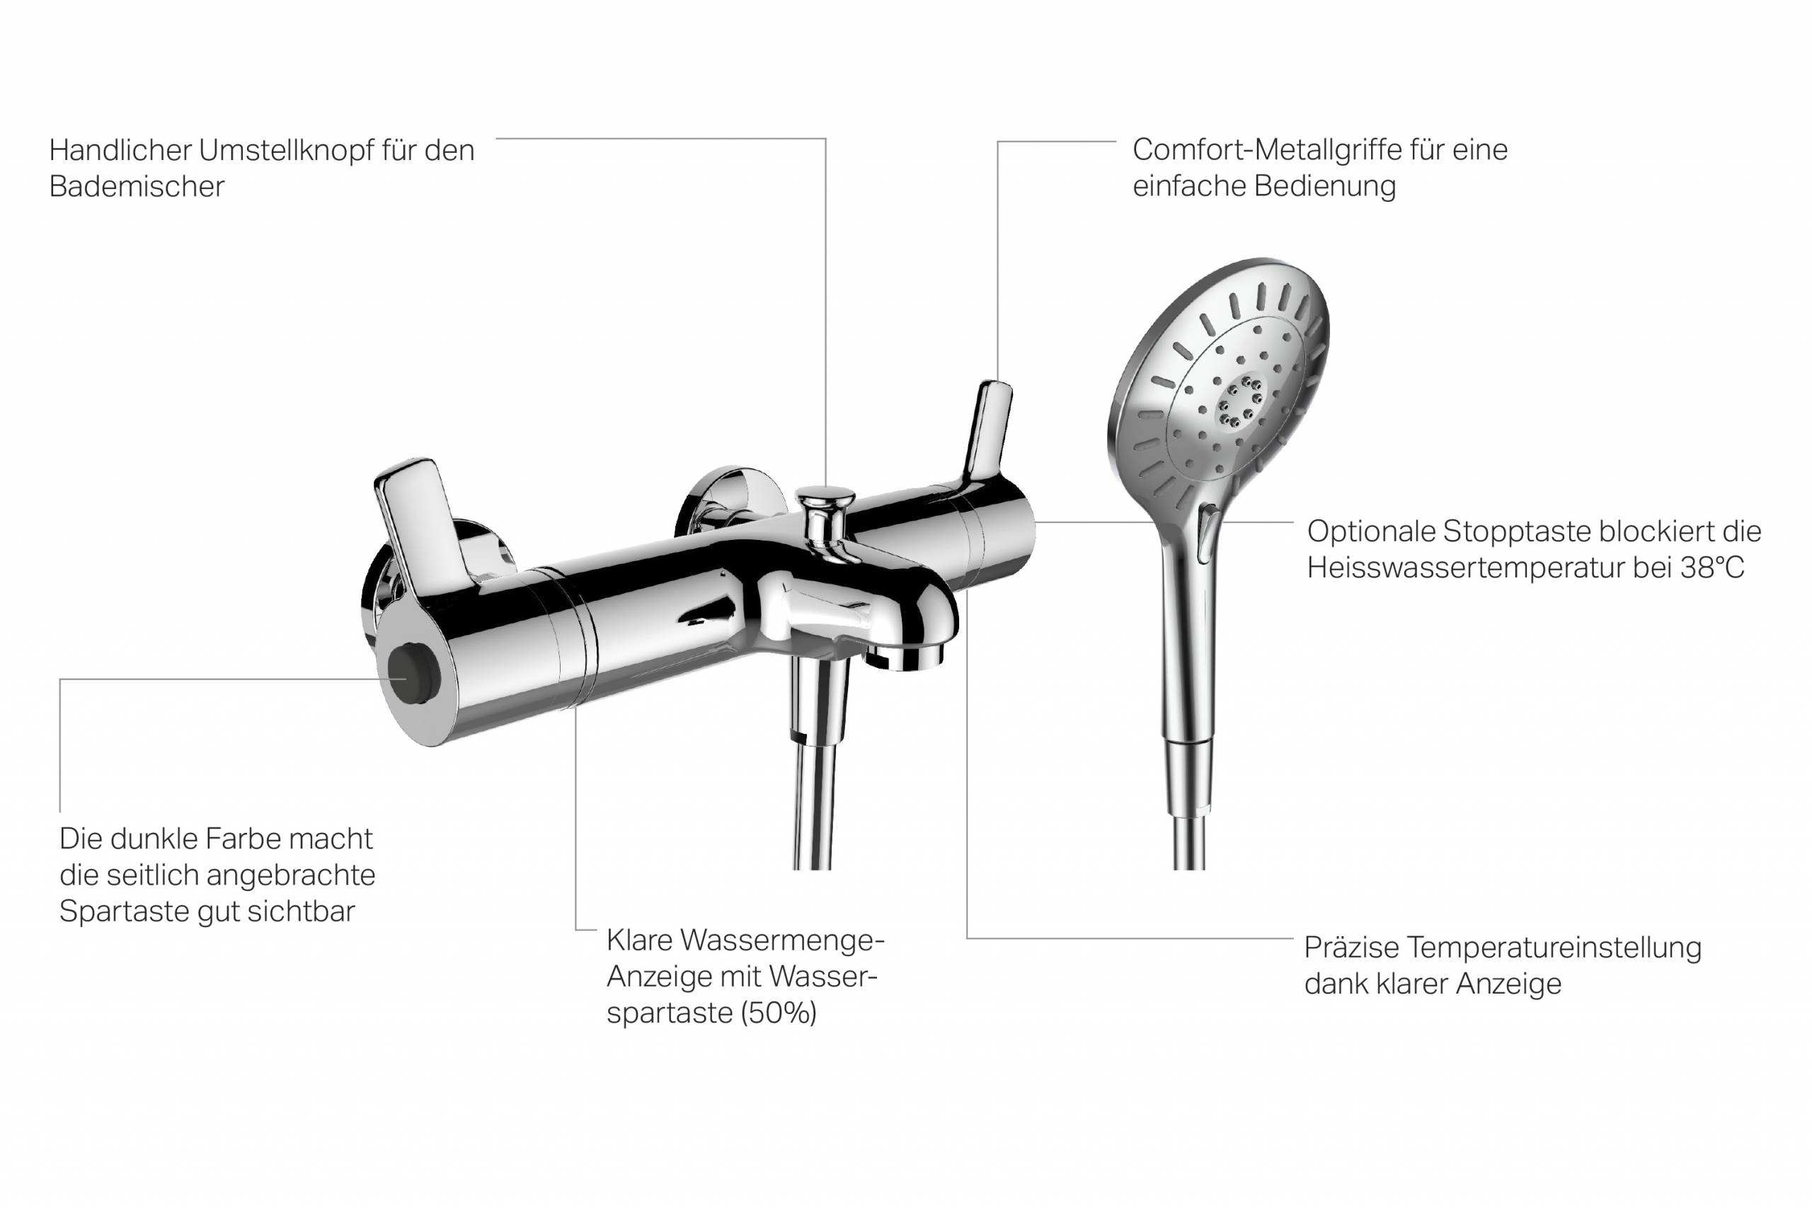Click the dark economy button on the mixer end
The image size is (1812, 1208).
point(413,675)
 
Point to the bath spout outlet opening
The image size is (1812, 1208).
point(905,657)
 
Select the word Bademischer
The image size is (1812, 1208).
point(137,186)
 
